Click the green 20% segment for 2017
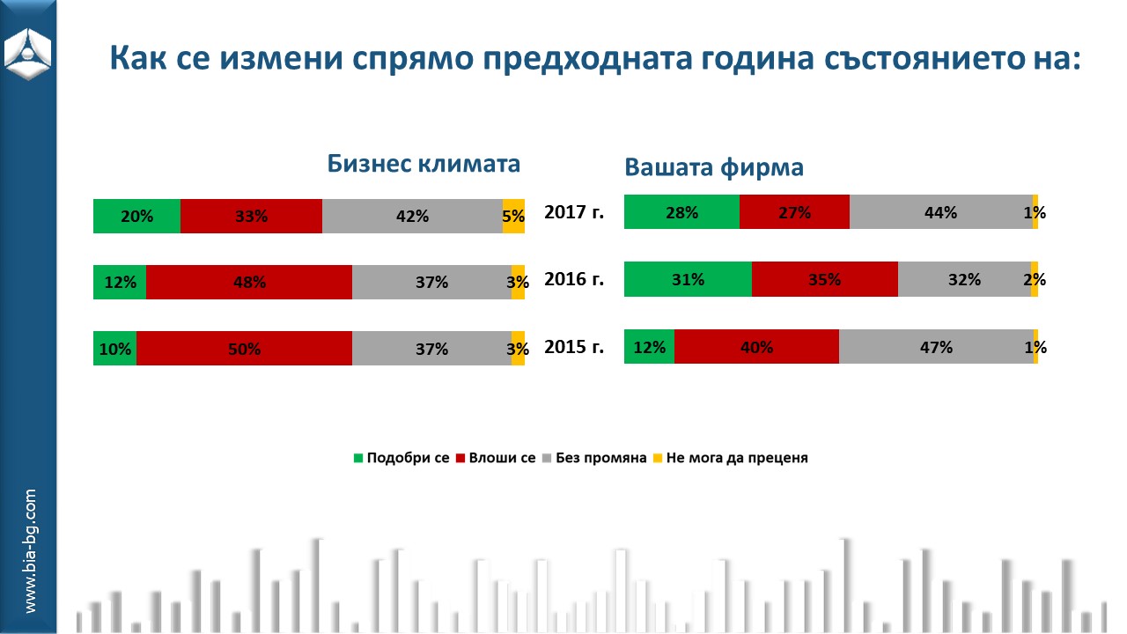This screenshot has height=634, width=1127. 136,216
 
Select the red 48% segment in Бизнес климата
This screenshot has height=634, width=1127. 249,283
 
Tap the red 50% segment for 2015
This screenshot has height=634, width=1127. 244,349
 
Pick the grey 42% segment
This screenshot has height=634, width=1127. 412,216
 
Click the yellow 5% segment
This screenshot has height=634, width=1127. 513,216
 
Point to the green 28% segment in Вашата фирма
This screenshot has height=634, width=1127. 681,212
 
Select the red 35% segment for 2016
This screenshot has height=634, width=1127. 825,279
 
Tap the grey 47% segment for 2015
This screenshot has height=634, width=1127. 936,347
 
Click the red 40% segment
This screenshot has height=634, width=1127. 756,347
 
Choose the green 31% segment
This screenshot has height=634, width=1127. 688,279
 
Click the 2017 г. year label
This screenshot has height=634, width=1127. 574,212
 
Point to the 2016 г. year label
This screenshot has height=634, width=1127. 574,280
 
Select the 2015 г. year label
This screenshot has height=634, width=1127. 574,347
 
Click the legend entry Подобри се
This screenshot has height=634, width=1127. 401,458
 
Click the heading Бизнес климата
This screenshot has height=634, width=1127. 424,165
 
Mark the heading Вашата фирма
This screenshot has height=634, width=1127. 714,167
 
